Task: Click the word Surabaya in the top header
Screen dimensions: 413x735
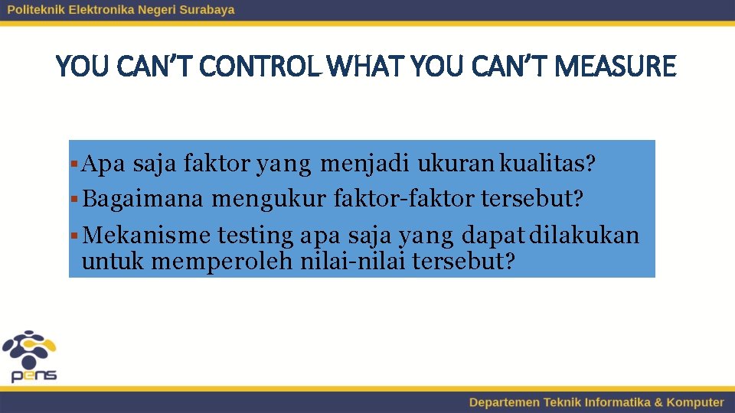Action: pos(204,10)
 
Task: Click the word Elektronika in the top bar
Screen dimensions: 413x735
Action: pos(100,10)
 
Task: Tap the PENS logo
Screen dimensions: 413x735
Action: pos(30,356)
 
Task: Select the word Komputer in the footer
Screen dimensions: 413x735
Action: pos(694,402)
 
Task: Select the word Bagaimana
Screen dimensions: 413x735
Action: pos(143,200)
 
